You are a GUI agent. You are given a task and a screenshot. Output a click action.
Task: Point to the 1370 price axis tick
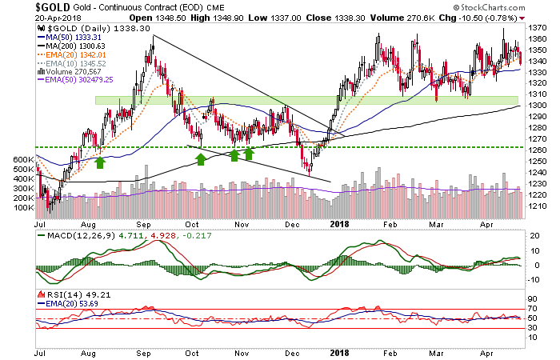tap(540, 27)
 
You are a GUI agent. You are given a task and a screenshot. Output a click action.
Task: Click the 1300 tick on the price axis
tap(540, 106)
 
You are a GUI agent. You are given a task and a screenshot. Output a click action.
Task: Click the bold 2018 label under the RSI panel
tap(340, 350)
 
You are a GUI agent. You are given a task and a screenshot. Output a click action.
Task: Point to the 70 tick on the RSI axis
tap(533, 307)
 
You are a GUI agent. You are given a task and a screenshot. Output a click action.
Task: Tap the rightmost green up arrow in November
tap(250, 152)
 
